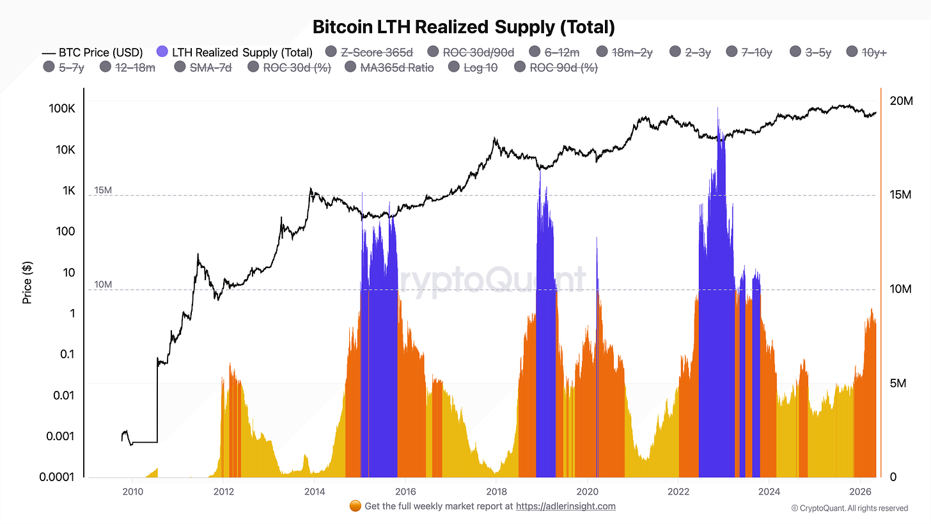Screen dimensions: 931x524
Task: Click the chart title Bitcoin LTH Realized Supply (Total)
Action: click(x=464, y=27)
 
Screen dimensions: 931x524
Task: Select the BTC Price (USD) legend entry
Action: click(x=92, y=53)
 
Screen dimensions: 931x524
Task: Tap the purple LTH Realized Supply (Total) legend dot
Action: click(x=162, y=52)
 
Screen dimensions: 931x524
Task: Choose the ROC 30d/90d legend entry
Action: click(x=471, y=52)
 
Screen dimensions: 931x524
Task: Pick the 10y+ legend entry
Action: click(x=866, y=52)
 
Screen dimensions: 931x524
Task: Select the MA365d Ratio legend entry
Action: click(x=389, y=67)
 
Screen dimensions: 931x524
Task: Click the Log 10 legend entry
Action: click(x=473, y=67)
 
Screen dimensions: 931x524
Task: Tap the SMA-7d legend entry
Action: click(x=203, y=67)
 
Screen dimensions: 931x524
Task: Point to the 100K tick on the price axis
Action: click(x=62, y=109)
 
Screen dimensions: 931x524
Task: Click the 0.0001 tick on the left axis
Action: click(x=57, y=477)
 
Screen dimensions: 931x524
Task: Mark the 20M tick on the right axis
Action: click(x=901, y=101)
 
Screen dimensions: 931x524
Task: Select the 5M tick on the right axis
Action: click(x=898, y=383)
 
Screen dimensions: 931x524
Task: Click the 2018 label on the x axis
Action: click(x=496, y=491)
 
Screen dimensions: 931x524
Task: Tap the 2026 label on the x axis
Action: click(x=860, y=491)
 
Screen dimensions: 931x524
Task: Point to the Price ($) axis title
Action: click(x=27, y=283)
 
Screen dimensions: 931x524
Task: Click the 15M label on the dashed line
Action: click(x=103, y=190)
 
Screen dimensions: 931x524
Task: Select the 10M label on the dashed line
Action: click(x=103, y=285)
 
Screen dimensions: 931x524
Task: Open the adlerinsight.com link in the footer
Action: click(x=566, y=506)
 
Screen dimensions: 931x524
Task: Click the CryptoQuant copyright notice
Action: click(x=850, y=508)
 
